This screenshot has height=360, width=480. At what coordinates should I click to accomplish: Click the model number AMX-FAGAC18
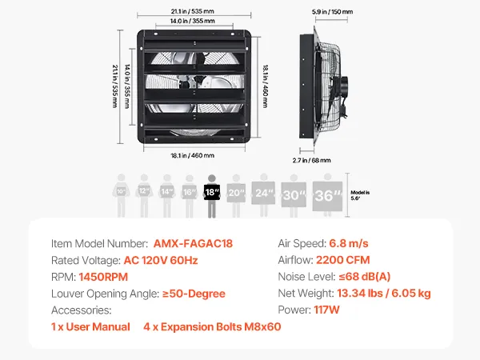[193, 244]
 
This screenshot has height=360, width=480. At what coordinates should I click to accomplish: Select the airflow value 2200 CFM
[343, 260]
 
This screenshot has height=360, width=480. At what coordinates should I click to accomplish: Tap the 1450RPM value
[103, 277]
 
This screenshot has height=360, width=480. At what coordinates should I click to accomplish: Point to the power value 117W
[326, 310]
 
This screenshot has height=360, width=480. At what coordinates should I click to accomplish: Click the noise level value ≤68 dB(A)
[365, 277]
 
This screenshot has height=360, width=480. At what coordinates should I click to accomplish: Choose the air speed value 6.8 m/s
[349, 244]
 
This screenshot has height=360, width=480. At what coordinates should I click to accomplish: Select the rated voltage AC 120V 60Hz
[161, 261]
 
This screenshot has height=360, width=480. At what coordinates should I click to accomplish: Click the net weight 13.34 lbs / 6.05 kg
[384, 294]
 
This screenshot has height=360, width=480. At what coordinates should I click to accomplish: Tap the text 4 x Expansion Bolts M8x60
[212, 326]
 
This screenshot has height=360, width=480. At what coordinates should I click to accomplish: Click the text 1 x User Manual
[90, 326]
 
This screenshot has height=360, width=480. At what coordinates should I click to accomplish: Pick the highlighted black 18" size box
[212, 192]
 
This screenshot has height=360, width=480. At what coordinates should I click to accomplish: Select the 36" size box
[327, 196]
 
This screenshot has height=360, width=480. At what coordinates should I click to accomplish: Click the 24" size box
[263, 193]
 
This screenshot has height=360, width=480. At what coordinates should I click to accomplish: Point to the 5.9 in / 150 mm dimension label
[332, 12]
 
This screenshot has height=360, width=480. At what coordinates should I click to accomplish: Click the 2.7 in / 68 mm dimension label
[312, 161]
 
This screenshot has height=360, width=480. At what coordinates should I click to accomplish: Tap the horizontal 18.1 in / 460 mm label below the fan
[193, 155]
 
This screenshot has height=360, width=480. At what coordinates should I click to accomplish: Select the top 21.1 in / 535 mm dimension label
[193, 11]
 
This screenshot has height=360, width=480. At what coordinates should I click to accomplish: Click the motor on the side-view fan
[343, 86]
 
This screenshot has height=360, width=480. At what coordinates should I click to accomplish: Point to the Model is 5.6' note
[360, 195]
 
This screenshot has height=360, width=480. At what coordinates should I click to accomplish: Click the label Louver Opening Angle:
[106, 294]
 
